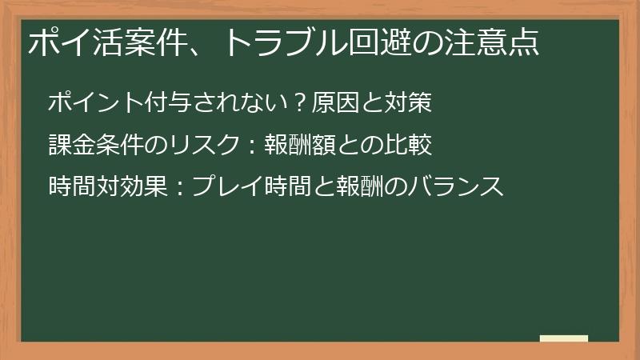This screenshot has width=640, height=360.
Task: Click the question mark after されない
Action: tap(300, 103)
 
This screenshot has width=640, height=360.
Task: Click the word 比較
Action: tap(411, 145)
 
